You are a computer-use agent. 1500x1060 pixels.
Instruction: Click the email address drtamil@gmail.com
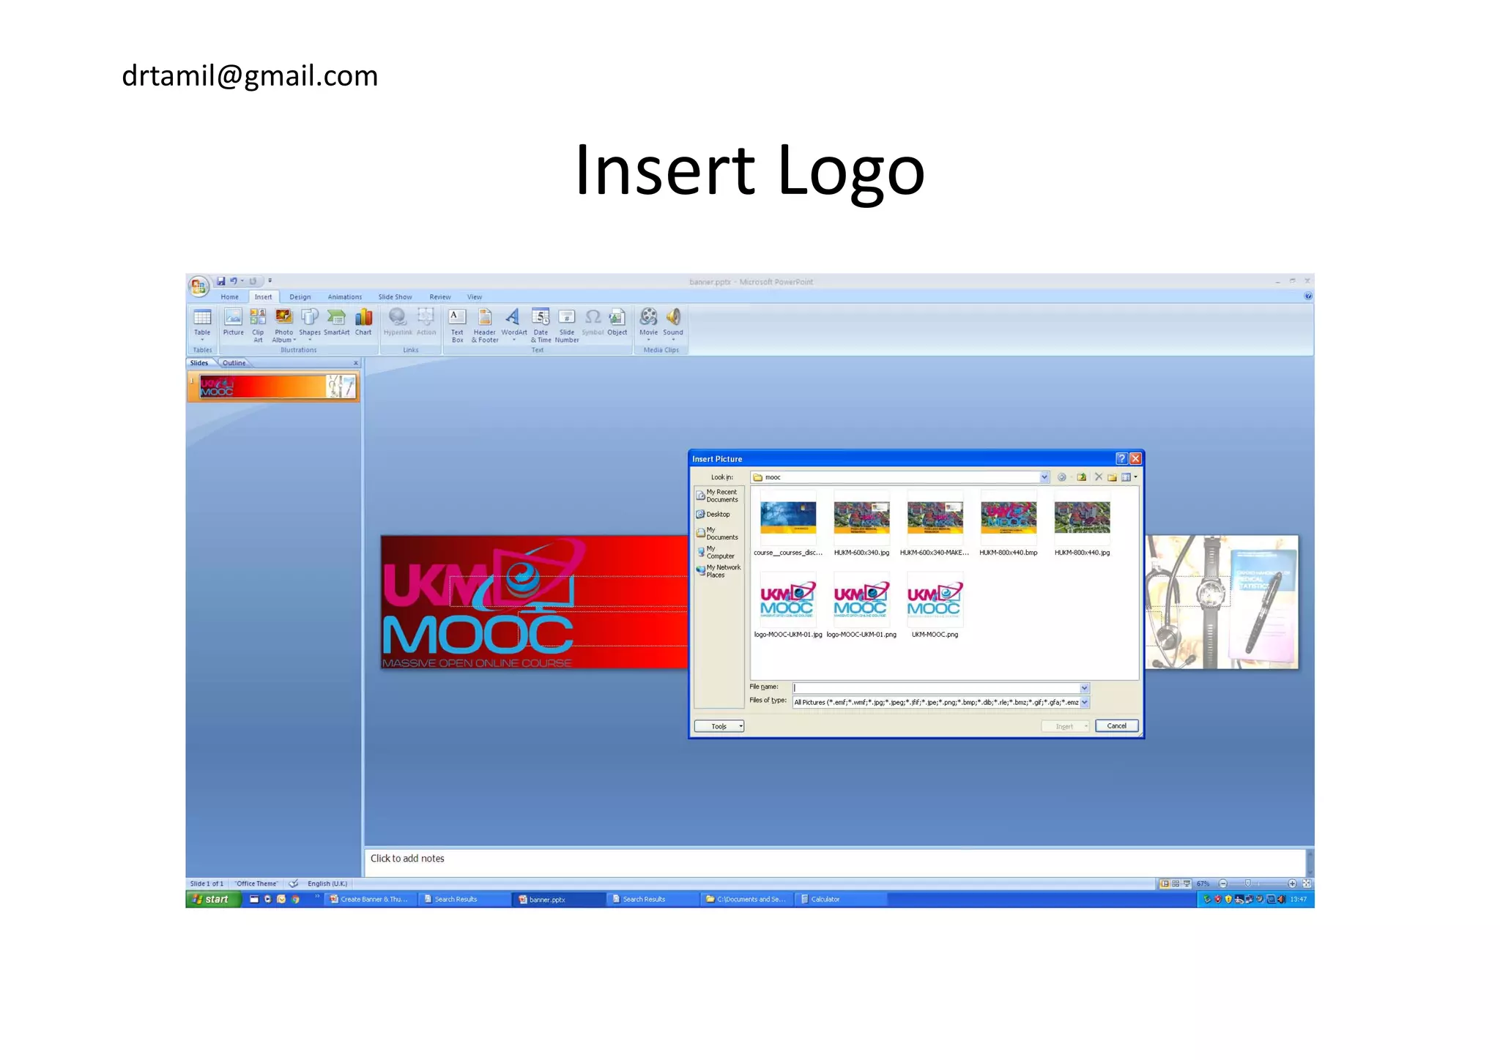pos(250,76)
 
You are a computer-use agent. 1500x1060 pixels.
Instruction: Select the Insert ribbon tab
pos(263,297)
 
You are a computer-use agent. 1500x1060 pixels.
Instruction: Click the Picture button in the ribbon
pos(233,321)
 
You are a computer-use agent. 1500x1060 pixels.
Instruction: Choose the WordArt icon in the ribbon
pos(513,321)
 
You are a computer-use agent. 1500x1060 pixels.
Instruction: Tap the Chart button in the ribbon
pos(363,321)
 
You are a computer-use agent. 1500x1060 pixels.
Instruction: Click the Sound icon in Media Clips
pos(673,321)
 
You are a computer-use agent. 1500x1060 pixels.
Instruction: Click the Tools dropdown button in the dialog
pos(719,726)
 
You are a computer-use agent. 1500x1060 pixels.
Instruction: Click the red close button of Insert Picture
pos(1135,459)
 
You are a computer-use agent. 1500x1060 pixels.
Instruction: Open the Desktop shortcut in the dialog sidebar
pos(717,515)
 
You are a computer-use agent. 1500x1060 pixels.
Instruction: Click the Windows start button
pos(212,900)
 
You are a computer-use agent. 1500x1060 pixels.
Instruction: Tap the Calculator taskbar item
pos(825,900)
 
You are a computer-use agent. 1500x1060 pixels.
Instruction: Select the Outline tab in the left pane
pos(234,363)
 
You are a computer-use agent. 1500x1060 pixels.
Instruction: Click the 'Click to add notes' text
pos(407,859)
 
